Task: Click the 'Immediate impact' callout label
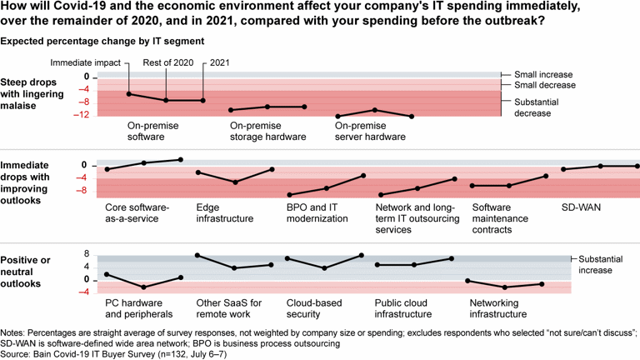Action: tap(85, 62)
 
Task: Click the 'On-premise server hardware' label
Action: tap(369, 132)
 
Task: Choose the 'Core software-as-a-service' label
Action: tap(137, 212)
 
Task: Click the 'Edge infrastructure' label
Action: tap(224, 212)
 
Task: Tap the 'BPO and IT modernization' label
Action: tap(317, 212)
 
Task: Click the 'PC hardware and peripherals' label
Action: tap(139, 308)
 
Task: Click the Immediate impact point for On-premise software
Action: tap(128, 93)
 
